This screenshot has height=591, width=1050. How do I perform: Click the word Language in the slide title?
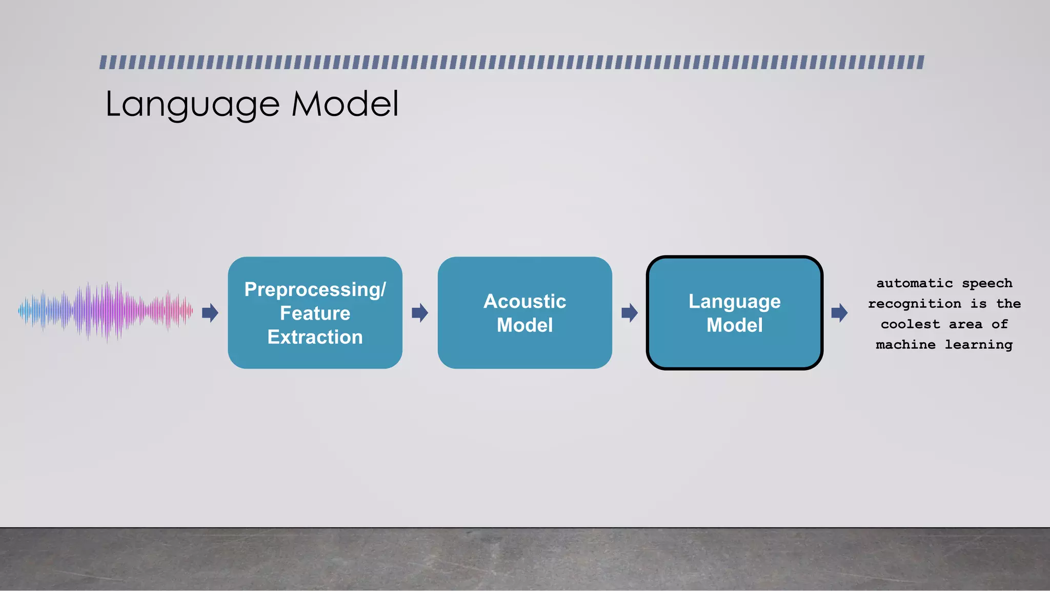pyautogui.click(x=192, y=104)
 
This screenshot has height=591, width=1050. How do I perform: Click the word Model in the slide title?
pyautogui.click(x=345, y=104)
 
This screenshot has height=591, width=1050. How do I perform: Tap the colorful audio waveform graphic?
pyautogui.click(x=106, y=311)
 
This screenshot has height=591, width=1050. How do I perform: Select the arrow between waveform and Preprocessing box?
pyautogui.click(x=210, y=312)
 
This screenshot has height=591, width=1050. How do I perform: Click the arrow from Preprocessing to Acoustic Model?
pyautogui.click(x=420, y=312)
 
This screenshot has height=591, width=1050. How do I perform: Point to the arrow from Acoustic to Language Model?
pyautogui.click(x=630, y=312)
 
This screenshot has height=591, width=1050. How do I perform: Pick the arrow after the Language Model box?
pyautogui.click(x=839, y=312)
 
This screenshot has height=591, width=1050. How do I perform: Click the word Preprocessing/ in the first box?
pyautogui.click(x=315, y=289)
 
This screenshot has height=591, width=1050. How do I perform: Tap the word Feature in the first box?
pyautogui.click(x=315, y=313)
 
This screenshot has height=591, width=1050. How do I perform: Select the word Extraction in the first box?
pyautogui.click(x=315, y=337)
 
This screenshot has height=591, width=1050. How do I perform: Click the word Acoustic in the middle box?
pyautogui.click(x=524, y=301)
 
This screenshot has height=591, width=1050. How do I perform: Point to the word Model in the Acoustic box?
pyautogui.click(x=524, y=325)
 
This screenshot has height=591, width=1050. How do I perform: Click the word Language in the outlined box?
pyautogui.click(x=734, y=301)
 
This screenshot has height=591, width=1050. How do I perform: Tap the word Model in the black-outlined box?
pyautogui.click(x=734, y=325)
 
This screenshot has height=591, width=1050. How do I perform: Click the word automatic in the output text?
pyautogui.click(x=914, y=283)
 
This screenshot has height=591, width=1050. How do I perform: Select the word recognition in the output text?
pyautogui.click(x=914, y=304)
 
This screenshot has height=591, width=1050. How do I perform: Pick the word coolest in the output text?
pyautogui.click(x=910, y=324)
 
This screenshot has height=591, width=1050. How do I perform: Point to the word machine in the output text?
pyautogui.click(x=905, y=345)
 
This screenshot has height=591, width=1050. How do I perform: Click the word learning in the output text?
pyautogui.click(x=978, y=345)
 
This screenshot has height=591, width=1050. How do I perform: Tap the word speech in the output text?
pyautogui.click(x=987, y=284)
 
